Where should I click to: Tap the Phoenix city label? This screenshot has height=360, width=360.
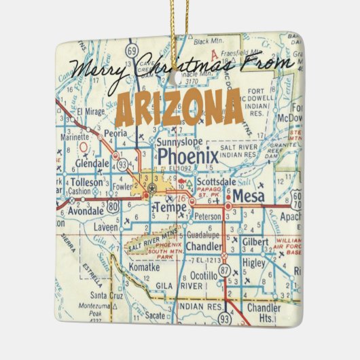point(188,157)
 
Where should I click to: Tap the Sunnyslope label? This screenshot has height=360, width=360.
point(179,143)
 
